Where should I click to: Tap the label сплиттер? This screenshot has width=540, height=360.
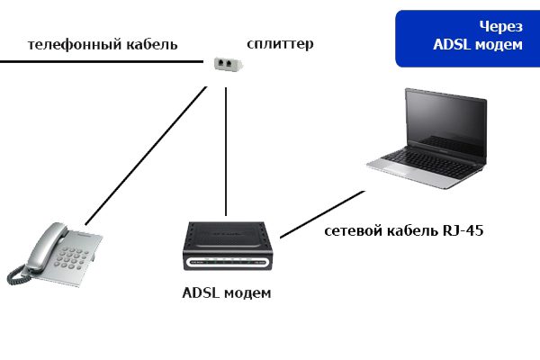pyautogui.click(x=280, y=42)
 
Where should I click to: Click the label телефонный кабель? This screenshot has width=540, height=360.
pyautogui.click(x=103, y=44)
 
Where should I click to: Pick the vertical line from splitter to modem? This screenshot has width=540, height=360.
pyautogui.click(x=225, y=144)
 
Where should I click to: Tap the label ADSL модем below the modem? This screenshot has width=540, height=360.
pyautogui.click(x=226, y=293)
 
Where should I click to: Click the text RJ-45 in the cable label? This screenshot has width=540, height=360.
pyautogui.click(x=462, y=231)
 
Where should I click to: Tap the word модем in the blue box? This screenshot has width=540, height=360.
pyautogui.click(x=499, y=45)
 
